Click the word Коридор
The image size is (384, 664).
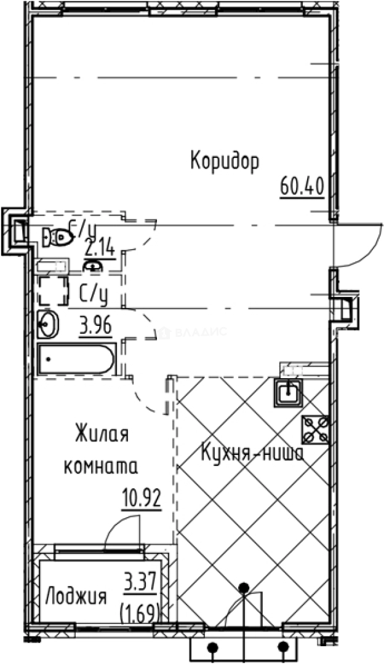(224, 161)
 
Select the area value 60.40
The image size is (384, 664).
(302, 184)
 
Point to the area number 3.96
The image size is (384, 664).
(95, 325)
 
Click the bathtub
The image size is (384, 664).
(76, 359)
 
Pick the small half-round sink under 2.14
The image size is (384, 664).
(92, 266)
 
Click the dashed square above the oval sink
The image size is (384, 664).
(54, 291)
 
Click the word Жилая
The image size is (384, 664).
(101, 434)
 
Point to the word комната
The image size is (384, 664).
(101, 467)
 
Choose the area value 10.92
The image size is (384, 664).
(141, 498)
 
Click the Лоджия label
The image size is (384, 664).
(77, 596)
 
